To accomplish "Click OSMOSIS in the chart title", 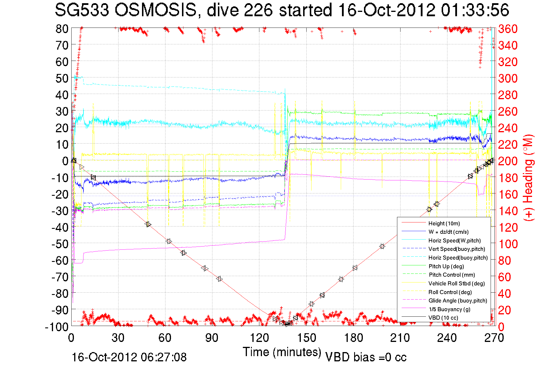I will click(156, 10).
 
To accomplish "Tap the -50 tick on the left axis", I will click(60, 244).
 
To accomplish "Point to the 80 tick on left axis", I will click(62, 29).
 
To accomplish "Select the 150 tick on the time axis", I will click(306, 338).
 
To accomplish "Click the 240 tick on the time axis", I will click(447, 338).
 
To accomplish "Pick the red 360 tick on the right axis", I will click(508, 29).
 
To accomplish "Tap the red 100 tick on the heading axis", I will click(508, 244).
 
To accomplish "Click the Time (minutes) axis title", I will click(282, 352).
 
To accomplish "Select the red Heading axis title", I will click(528, 177).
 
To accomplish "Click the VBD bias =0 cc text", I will click(366, 357).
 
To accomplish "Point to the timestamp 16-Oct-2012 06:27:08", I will click(129, 357).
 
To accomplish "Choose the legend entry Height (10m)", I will click(444, 223).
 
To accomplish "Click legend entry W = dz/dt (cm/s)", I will click(448, 232).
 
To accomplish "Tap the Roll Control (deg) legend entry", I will click(450, 292).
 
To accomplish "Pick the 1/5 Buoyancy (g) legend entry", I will click(449, 309).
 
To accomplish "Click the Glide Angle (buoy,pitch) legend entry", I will click(458, 300).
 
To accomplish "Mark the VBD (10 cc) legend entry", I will click(443, 318).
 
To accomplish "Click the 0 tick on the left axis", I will click(65, 161).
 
